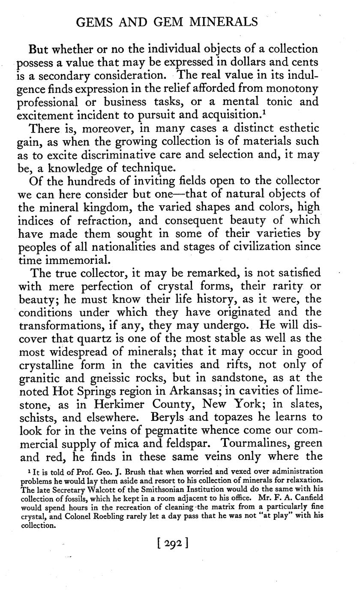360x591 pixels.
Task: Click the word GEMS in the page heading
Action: pos(93,21)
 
